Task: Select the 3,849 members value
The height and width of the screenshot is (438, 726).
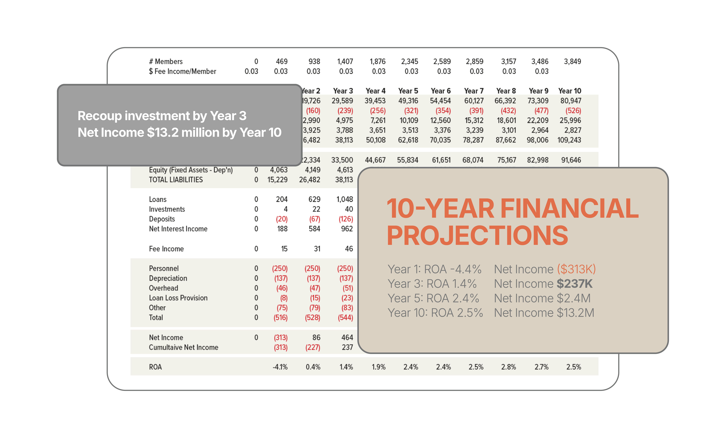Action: (572, 62)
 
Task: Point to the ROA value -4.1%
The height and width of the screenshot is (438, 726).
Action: (280, 367)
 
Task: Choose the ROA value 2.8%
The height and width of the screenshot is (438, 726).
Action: (509, 367)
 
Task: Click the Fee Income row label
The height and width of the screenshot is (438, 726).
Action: (166, 249)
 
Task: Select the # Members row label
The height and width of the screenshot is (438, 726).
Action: (166, 62)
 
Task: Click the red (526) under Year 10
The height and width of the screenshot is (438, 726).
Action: (573, 111)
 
